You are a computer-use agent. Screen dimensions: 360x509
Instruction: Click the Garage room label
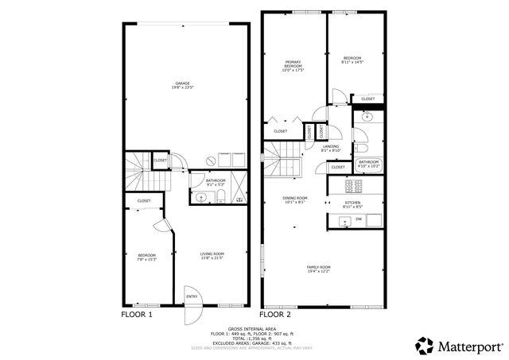(183, 85)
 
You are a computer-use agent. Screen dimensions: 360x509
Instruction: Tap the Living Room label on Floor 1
(212, 256)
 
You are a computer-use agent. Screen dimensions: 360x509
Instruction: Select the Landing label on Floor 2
(332, 149)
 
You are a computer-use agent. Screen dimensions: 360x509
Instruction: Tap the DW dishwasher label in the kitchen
(359, 219)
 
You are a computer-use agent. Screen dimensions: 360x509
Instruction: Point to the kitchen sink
(345, 220)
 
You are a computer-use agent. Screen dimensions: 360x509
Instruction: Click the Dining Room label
(295, 199)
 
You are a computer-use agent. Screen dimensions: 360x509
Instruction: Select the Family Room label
(319, 269)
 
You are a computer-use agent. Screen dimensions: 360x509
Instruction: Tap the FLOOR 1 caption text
(136, 315)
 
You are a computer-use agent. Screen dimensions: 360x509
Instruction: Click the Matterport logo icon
(424, 345)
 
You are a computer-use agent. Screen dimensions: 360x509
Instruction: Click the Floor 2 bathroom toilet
(360, 148)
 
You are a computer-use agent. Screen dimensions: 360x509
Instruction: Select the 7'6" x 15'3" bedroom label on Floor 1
(146, 256)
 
